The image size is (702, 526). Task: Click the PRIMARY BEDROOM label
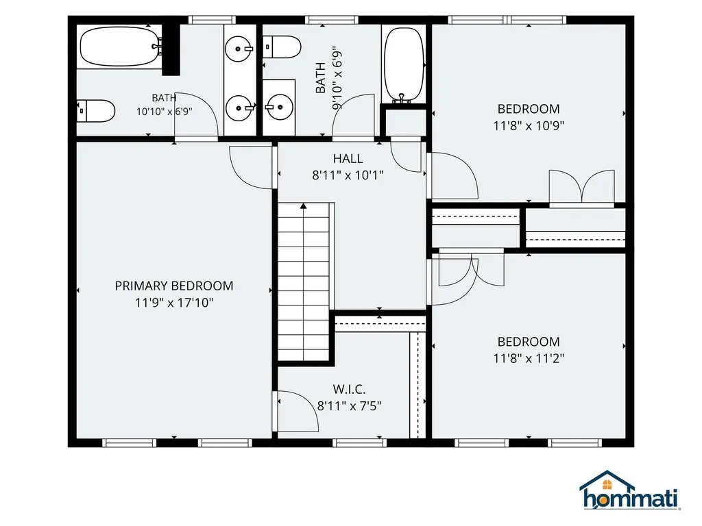point(174,286)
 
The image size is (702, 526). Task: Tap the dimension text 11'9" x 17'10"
point(174,303)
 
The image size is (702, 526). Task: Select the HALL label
point(348,159)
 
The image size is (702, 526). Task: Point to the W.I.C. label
point(349,389)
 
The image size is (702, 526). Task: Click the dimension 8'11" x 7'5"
point(349,406)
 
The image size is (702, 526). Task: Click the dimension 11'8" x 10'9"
point(529,126)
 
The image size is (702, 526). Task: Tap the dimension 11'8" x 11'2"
point(529,359)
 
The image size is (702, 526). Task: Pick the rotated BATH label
point(321,78)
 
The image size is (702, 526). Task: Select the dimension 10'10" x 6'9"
point(165,112)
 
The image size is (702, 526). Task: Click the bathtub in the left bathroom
point(121,47)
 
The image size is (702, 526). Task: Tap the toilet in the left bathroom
point(96,111)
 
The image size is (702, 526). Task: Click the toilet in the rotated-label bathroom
point(282,47)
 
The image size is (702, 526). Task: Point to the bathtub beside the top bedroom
point(404,65)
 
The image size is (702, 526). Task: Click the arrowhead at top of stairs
point(304,205)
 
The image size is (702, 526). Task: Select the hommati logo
point(629,490)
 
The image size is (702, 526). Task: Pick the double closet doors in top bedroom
point(582,186)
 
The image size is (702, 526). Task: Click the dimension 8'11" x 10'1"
point(348,175)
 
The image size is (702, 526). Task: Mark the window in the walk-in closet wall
point(359,443)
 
